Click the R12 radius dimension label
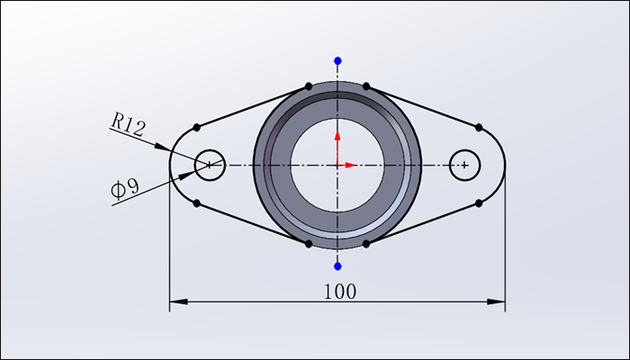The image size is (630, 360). (x=127, y=125)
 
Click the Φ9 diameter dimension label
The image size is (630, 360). (x=125, y=189)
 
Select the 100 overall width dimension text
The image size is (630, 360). (x=340, y=292)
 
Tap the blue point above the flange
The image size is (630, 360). (x=337, y=61)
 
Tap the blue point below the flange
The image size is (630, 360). (x=337, y=266)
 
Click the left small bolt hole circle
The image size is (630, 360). (x=210, y=150)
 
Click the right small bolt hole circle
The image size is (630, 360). (x=465, y=150)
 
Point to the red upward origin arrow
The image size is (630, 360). (x=337, y=147)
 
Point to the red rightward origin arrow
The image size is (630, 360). (x=346, y=165)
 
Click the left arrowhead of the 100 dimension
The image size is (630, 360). (x=178, y=301)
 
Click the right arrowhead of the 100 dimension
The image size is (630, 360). (x=496, y=301)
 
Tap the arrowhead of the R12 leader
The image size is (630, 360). (x=163, y=147)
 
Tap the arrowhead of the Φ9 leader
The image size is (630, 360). (x=186, y=175)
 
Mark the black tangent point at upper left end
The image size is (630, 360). (x=196, y=128)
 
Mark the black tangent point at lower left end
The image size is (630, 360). (x=196, y=202)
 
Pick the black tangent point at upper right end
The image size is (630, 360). (x=479, y=128)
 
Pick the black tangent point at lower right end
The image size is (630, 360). (x=479, y=202)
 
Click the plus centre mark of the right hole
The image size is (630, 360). (x=465, y=165)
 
